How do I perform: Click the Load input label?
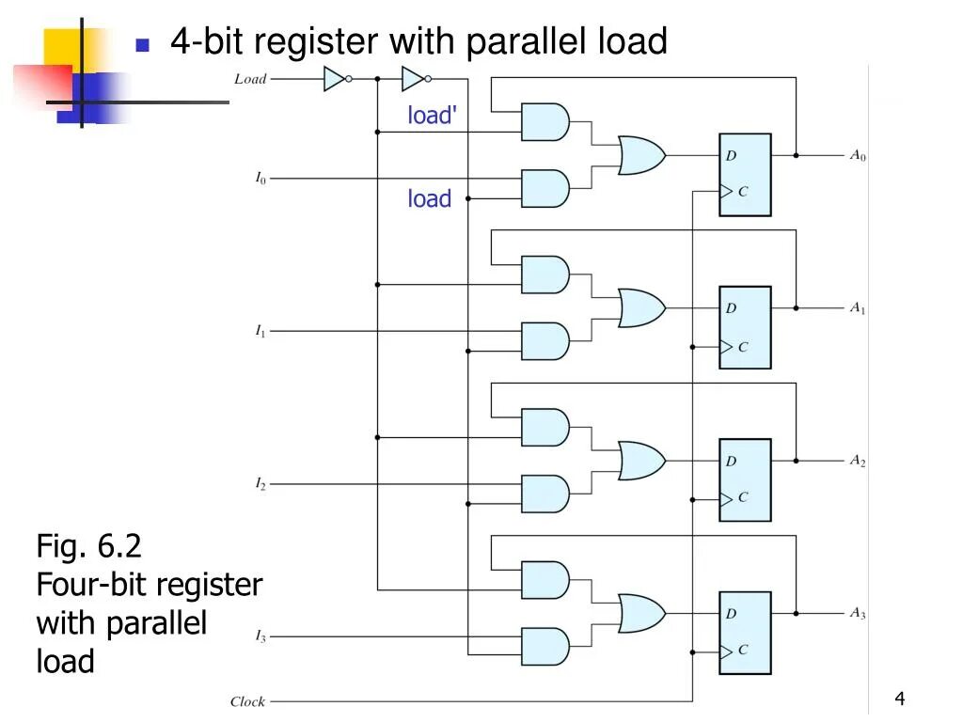point(250,79)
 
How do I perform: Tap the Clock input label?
point(247,701)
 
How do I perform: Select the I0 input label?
point(260,178)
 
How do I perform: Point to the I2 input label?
point(260,483)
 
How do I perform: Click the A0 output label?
point(858,156)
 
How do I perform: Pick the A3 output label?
point(858,613)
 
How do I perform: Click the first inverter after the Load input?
point(336,79)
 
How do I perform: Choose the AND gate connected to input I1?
point(545,341)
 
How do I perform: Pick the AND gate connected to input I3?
point(545,647)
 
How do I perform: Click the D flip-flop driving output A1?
point(745,327)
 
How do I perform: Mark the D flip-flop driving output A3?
point(745,633)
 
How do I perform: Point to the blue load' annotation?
point(433,116)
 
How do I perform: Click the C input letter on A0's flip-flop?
point(743,192)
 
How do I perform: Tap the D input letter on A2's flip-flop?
point(731,461)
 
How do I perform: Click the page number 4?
point(900,698)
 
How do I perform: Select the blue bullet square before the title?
point(143,44)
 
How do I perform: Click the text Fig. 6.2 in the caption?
point(88,545)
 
